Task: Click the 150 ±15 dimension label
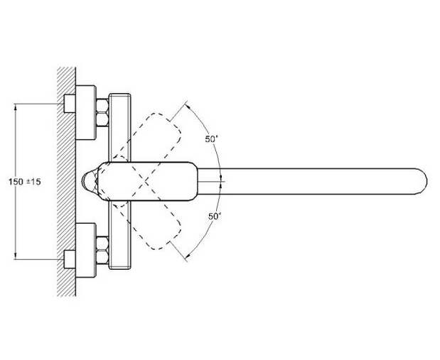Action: pyautogui.click(x=25, y=182)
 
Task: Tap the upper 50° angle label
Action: pyautogui.click(x=211, y=139)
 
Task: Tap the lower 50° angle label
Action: pyautogui.click(x=215, y=216)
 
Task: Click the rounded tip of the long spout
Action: pyautogui.click(x=424, y=181)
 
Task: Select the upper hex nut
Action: pyautogui.click(x=102, y=112)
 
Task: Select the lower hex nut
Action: pyautogui.click(x=102, y=251)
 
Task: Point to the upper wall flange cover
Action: pyautogui.click(x=86, y=112)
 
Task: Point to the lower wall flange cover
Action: pyautogui.click(x=86, y=251)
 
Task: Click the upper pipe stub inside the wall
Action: pyautogui.click(x=70, y=104)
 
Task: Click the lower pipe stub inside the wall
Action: pyautogui.click(x=70, y=259)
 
